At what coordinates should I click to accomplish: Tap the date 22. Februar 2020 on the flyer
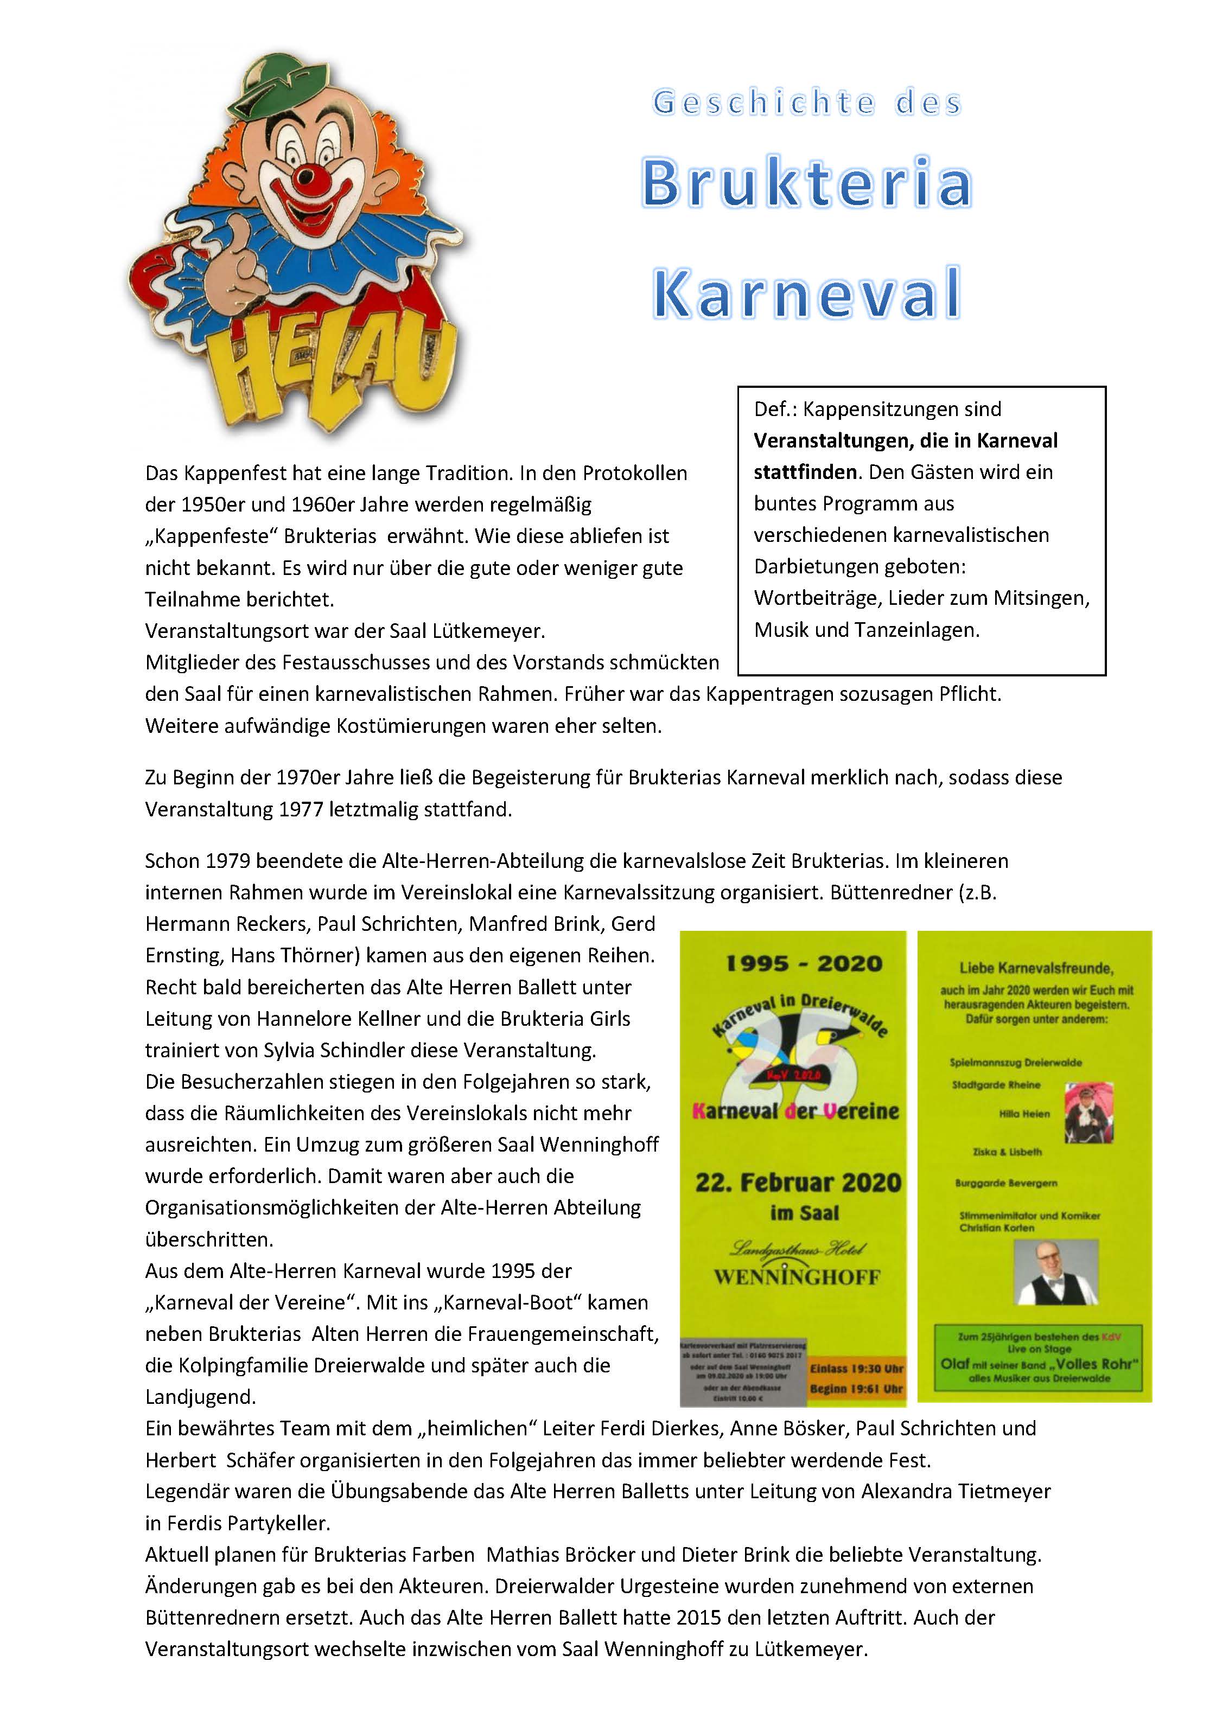tap(798, 1183)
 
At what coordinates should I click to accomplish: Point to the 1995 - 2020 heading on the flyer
tap(804, 963)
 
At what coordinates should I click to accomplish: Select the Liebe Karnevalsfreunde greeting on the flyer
tap(1037, 968)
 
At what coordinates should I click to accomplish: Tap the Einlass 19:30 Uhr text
tap(857, 1369)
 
